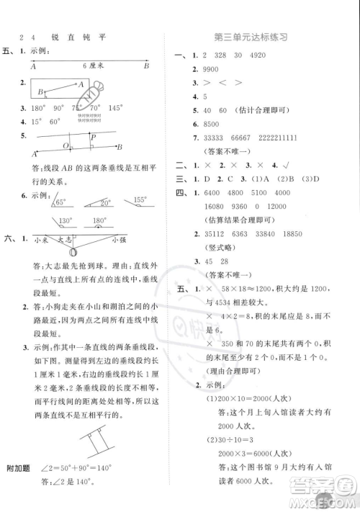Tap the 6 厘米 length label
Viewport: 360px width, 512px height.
pyautogui.click(x=94, y=65)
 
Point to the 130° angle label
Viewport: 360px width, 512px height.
pyautogui.click(x=66, y=222)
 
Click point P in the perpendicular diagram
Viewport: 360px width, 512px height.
pyautogui.click(x=94, y=136)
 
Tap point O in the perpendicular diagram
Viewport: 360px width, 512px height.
pyautogui.click(x=66, y=145)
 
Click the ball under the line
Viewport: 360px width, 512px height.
pyautogui.click(x=72, y=251)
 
